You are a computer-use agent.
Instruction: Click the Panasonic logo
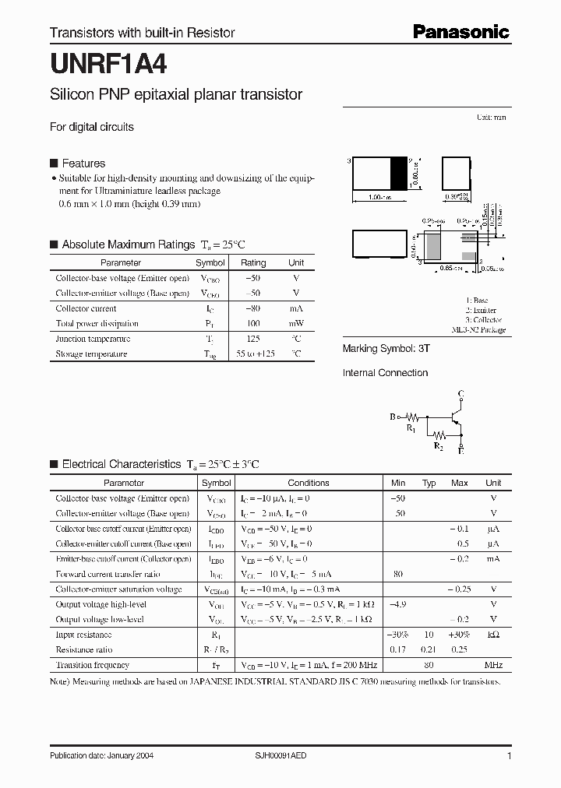click(x=460, y=32)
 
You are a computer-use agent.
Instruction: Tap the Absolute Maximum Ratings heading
click(x=128, y=244)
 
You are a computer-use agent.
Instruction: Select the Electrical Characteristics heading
click(x=121, y=464)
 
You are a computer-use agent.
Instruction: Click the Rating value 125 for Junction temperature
click(x=252, y=339)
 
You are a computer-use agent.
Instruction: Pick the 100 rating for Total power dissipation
click(x=252, y=323)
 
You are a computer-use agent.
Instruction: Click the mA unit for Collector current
click(x=296, y=308)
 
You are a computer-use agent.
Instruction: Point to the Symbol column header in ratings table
click(x=210, y=263)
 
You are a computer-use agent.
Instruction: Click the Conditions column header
click(x=309, y=483)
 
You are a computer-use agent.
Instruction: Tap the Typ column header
click(x=429, y=483)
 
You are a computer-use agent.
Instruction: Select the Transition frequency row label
click(x=93, y=665)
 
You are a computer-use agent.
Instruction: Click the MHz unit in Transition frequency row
click(x=493, y=665)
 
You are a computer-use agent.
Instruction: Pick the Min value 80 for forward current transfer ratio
click(x=398, y=574)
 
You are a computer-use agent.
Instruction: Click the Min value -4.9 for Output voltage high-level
click(x=398, y=604)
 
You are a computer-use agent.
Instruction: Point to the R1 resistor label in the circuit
click(x=411, y=428)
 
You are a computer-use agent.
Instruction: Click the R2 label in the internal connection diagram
click(x=439, y=446)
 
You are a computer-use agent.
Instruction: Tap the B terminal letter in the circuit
click(x=393, y=417)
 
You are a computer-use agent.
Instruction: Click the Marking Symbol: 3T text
click(x=386, y=350)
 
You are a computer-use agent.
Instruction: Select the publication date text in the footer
click(x=97, y=756)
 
